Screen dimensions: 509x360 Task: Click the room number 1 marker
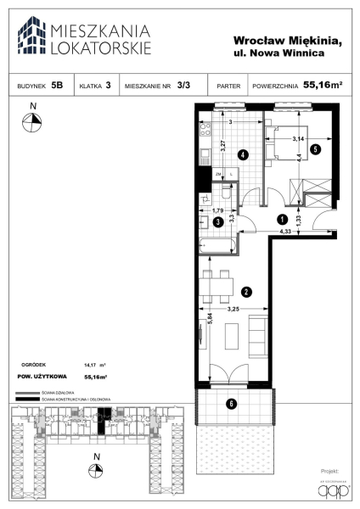pos(283,218)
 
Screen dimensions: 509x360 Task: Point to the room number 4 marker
pos(242,155)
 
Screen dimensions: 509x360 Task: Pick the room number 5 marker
pos(315,149)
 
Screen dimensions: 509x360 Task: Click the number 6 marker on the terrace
pos(230,403)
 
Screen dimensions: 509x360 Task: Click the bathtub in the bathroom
pos(217,246)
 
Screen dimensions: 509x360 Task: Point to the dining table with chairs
pos(216,284)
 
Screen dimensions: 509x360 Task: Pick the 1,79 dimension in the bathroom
pos(217,211)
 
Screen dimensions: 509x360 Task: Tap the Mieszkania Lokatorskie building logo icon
pos(31,36)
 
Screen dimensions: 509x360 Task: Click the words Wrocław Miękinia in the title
pos(287,41)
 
